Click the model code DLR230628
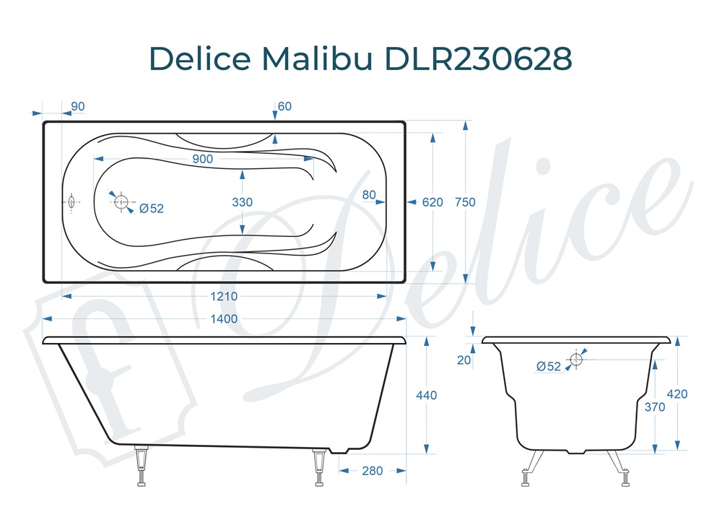click(x=480, y=58)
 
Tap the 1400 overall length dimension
click(x=224, y=319)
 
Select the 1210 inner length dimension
click(x=224, y=296)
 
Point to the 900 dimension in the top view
click(x=203, y=159)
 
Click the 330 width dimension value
click(x=243, y=202)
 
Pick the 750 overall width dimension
click(x=466, y=202)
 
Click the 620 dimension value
click(x=432, y=202)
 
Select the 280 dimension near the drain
click(x=372, y=471)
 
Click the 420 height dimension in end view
click(x=677, y=394)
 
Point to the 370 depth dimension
click(x=654, y=407)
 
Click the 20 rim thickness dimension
click(x=464, y=360)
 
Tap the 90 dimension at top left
click(x=78, y=107)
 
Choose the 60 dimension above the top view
click(x=284, y=107)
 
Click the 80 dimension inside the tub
click(x=369, y=194)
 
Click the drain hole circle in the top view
click(x=121, y=201)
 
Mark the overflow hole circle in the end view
click(x=576, y=359)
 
